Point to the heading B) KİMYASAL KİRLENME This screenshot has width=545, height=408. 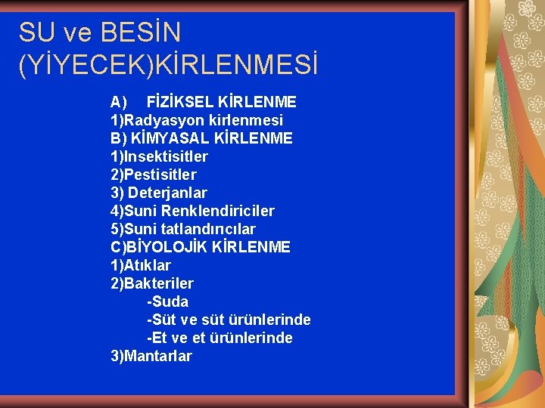(201, 138)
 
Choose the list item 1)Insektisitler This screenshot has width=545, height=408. (159, 156)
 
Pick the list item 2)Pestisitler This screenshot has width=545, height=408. (154, 175)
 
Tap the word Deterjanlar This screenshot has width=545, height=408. (167, 193)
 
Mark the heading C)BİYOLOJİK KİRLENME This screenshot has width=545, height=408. (201, 247)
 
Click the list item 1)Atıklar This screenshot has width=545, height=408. (141, 265)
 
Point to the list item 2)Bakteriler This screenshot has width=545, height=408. (152, 283)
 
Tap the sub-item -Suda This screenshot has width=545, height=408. (167, 301)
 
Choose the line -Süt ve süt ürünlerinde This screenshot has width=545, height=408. (229, 320)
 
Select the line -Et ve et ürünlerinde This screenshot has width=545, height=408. (220, 338)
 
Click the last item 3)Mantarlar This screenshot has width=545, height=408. (151, 356)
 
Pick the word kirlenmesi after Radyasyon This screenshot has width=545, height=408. (243, 120)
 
